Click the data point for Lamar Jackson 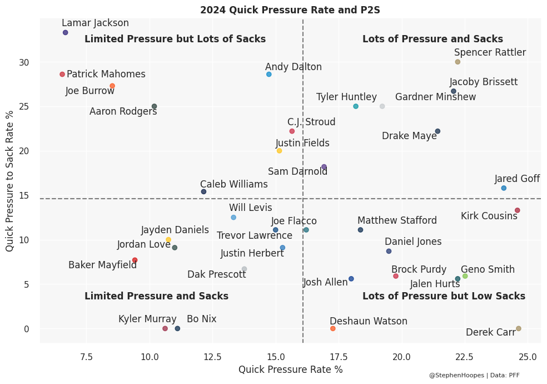click(66, 33)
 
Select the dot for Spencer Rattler click(458, 62)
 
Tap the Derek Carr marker click(519, 328)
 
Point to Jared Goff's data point click(504, 188)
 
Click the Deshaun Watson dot click(333, 328)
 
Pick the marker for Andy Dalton click(269, 74)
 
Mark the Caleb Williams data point click(203, 191)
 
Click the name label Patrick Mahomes click(106, 75)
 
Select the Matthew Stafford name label click(397, 221)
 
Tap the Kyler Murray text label click(147, 319)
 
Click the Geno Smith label click(488, 270)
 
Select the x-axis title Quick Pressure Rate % click(290, 370)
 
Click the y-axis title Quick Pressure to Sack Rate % click(9, 180)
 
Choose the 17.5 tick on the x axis click(339, 356)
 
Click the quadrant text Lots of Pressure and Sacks click(432, 40)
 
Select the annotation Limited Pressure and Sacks click(156, 297)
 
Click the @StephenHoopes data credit click(474, 376)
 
